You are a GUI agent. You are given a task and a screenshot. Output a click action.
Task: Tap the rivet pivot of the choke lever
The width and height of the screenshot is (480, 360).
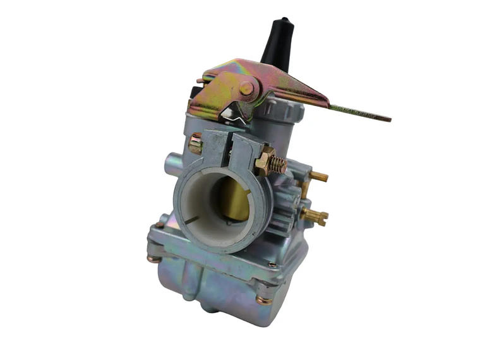click(x=246, y=89)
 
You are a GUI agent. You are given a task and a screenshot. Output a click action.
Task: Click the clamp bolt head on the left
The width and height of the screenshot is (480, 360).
click(x=195, y=144)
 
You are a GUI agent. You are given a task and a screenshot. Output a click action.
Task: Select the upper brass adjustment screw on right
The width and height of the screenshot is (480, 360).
click(x=319, y=176)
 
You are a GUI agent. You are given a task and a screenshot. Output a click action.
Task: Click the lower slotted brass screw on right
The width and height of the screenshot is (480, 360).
click(x=315, y=217)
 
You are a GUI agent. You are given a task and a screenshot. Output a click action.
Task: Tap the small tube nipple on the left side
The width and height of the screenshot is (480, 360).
click(x=170, y=162)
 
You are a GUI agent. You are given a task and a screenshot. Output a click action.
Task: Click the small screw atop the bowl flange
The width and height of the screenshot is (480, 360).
click(x=272, y=264)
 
